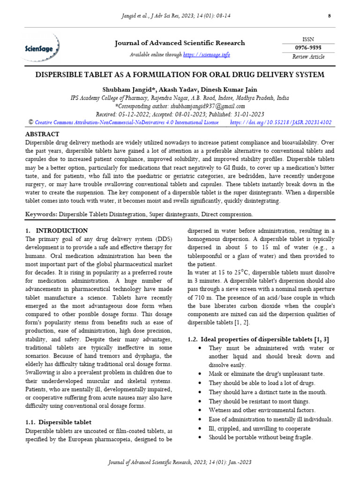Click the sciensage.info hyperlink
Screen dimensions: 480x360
click(x=206, y=55)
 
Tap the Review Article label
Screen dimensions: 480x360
click(x=308, y=57)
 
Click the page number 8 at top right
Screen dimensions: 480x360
click(x=330, y=16)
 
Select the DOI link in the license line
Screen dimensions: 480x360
click(x=281, y=122)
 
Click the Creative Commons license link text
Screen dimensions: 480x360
click(x=127, y=122)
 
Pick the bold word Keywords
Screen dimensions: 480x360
click(x=41, y=214)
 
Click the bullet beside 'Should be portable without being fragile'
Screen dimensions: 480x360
click(x=200, y=437)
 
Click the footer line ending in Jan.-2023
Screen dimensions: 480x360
click(x=180, y=462)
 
